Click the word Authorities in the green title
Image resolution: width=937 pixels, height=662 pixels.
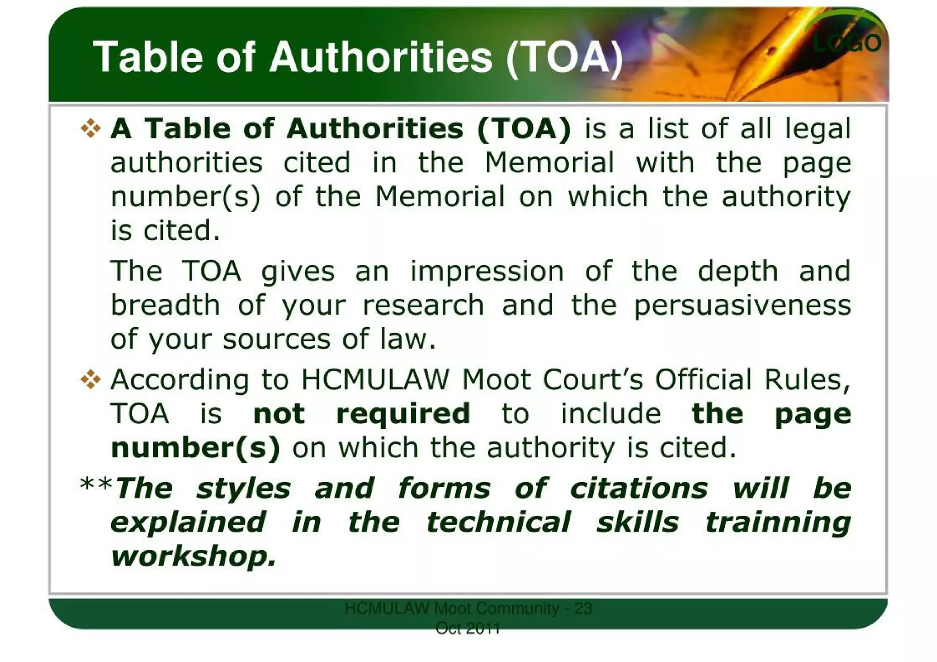tap(381, 58)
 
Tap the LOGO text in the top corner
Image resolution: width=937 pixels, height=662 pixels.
tap(847, 43)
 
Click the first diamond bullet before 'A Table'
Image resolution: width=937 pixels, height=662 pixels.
tap(91, 128)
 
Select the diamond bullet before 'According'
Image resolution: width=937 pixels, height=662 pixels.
tap(91, 379)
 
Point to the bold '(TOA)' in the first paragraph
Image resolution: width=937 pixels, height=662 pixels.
tap(524, 129)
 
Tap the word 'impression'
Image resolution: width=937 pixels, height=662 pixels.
tap(487, 271)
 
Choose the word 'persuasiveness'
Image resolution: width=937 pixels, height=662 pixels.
tap(742, 305)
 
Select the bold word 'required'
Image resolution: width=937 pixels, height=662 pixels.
tap(403, 414)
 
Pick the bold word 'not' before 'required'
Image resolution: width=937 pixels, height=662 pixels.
tap(279, 414)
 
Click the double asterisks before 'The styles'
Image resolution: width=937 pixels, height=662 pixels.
tap(96, 486)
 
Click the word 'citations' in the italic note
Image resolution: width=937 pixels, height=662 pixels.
tap(639, 488)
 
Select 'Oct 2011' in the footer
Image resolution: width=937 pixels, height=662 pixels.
tap(468, 629)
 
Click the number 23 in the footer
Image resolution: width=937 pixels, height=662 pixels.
tap(583, 609)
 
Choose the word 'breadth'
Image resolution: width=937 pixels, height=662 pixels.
tap(165, 305)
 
